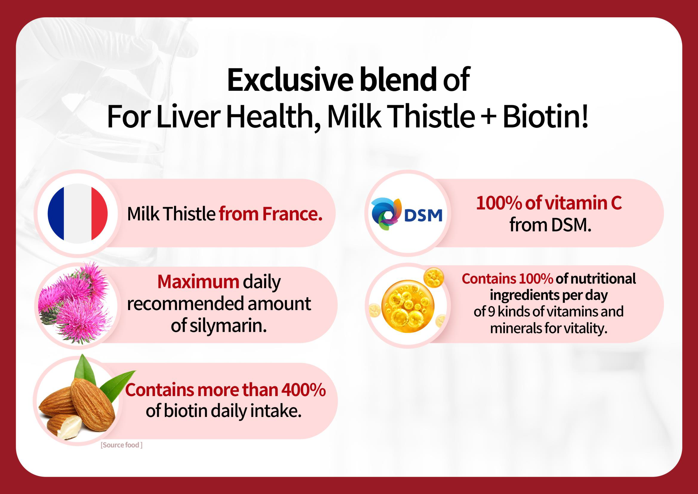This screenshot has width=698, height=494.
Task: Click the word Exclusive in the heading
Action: point(290,80)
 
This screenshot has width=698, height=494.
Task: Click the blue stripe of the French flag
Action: point(56,214)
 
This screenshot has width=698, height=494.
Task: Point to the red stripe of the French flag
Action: point(99,214)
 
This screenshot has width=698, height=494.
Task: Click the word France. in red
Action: point(292,214)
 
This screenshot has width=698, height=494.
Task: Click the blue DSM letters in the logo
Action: point(423,215)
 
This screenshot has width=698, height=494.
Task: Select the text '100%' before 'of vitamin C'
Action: point(499,203)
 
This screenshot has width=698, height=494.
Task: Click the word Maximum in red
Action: point(198,282)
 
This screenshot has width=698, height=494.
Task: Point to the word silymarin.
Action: point(228,326)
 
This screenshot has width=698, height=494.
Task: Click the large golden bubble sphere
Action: point(408,306)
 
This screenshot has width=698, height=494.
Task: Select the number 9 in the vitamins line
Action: point(491,312)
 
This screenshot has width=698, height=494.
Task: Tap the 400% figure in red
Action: point(303,390)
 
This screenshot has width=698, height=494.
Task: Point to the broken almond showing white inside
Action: point(65,427)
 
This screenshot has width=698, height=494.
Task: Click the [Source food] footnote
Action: point(121,445)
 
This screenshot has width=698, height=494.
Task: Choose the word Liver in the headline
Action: point(189,117)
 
